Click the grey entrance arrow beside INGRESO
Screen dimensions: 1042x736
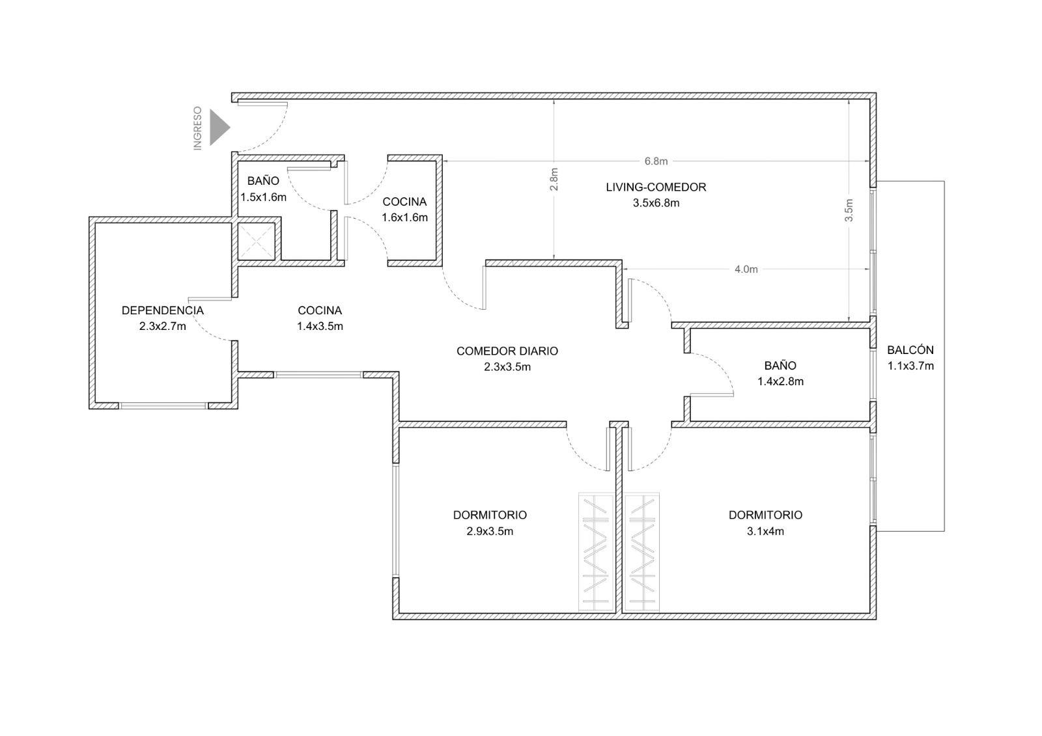pos(219,128)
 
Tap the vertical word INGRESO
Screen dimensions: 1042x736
pos(198,128)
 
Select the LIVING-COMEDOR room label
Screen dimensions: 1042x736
pos(656,187)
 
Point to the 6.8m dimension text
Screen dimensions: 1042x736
pos(656,161)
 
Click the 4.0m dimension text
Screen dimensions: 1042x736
pos(746,269)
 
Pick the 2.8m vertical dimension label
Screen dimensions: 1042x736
pos(554,180)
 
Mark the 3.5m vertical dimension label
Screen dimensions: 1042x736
pos(849,210)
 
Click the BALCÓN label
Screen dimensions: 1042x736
pos(910,350)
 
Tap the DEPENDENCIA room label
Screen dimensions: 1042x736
pos(163,310)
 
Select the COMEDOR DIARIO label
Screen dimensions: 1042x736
pos(507,351)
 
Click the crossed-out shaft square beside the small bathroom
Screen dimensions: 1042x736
pos(257,242)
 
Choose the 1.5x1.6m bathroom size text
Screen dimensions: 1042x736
pos(263,197)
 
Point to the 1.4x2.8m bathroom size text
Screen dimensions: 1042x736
pos(780,382)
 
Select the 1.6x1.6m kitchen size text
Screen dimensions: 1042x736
pos(404,217)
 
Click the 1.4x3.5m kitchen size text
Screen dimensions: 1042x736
pos(320,327)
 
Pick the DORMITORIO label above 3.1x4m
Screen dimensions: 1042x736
pos(765,515)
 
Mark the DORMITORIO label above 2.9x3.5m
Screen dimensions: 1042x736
pos(490,515)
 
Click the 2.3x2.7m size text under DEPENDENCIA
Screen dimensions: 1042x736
pos(162,327)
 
